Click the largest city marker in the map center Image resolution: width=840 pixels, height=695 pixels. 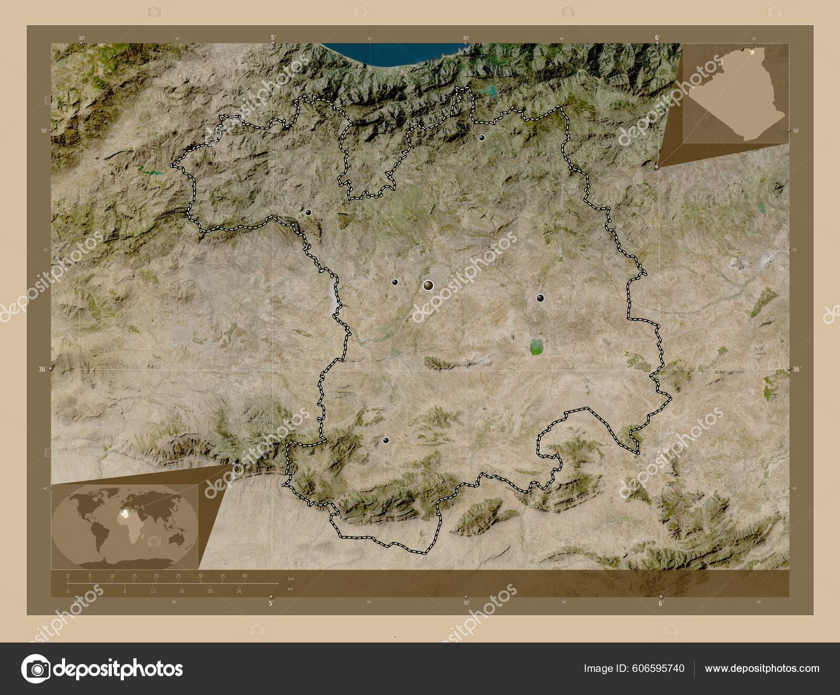[x=428, y=285]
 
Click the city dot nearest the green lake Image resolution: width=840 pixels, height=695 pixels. [x=540, y=298]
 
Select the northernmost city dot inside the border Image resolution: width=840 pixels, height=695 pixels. [x=481, y=138]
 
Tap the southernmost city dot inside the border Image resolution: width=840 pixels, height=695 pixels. [x=386, y=440]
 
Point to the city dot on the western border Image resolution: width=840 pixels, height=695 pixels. [x=308, y=212]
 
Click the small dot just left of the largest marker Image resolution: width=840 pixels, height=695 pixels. [x=395, y=282]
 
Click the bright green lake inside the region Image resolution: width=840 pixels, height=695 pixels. [x=536, y=346]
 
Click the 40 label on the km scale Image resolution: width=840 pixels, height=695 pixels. [x=245, y=576]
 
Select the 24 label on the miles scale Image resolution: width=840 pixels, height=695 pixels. [x=238, y=591]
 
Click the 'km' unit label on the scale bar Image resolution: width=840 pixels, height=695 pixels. [x=291, y=578]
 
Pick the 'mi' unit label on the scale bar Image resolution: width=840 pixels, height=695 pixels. [x=290, y=589]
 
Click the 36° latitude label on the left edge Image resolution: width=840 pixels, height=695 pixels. [x=42, y=369]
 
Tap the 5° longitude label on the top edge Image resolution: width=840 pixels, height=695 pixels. [x=273, y=38]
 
